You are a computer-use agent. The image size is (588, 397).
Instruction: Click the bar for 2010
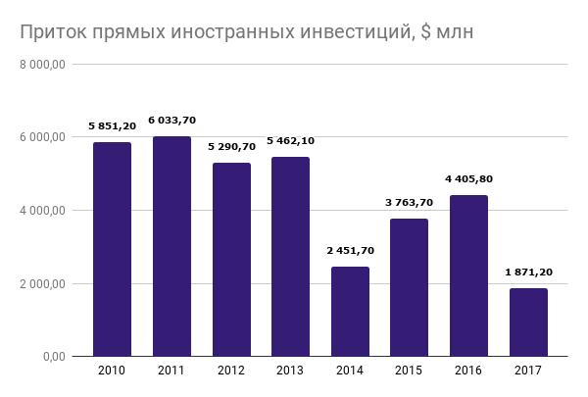coord(113,249)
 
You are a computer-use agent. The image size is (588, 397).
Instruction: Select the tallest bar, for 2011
coord(171,246)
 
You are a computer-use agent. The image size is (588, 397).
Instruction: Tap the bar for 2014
coord(350,311)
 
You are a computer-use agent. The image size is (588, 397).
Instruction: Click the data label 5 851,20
coord(113,126)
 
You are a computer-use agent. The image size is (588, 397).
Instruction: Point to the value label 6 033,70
coord(171,121)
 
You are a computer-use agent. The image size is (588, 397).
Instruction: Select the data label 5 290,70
coord(231,147)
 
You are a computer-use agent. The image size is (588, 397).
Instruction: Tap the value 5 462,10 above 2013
coord(291,141)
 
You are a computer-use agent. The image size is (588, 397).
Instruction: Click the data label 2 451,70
coord(350,251)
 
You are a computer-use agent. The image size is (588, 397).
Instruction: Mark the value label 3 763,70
coord(410,203)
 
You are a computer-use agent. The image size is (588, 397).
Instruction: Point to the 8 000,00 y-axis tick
coord(42,65)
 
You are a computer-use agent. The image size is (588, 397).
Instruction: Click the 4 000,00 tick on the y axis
coord(42,211)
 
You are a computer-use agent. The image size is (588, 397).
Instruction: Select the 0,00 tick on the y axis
coord(53,357)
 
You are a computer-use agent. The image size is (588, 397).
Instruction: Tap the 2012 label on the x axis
coord(231,371)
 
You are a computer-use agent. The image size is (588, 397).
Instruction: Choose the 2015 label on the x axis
coord(410,371)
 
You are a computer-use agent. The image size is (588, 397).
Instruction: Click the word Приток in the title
coord(51,33)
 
